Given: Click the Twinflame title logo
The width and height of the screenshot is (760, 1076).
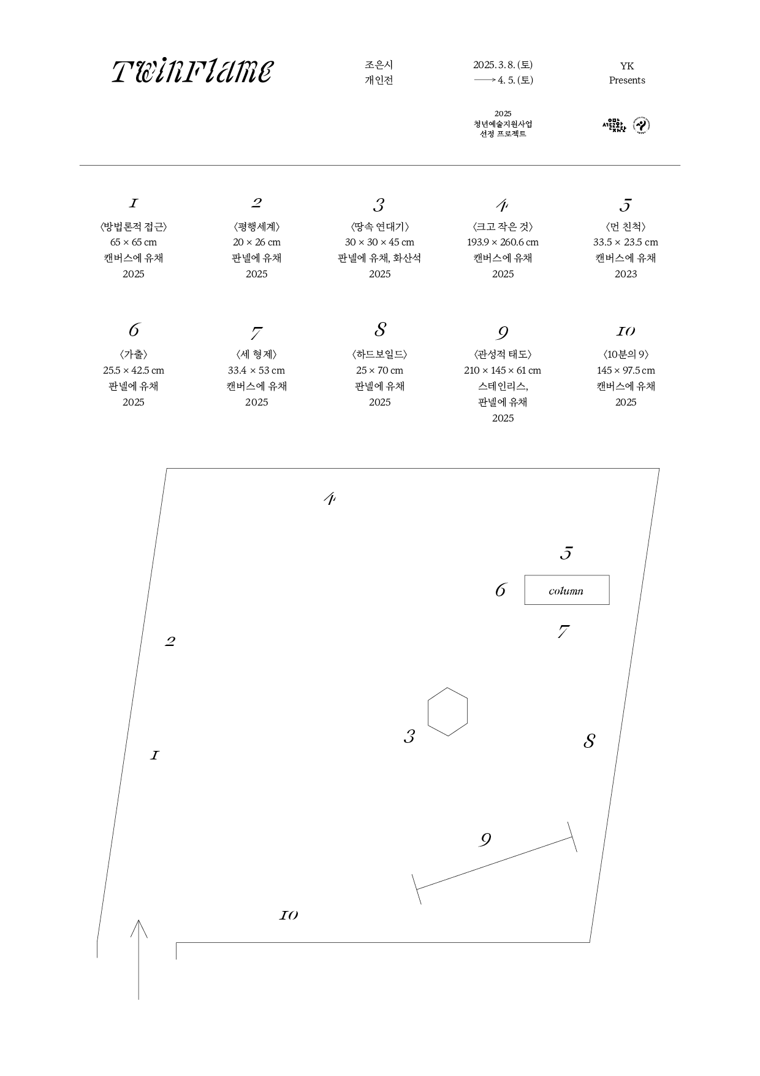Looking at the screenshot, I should [x=192, y=72].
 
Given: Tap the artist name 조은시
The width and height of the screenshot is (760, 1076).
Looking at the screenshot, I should [x=379, y=64].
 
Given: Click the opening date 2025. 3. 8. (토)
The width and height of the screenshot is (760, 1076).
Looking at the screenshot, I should [x=503, y=64].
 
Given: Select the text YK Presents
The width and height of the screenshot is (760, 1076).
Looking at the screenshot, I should [x=626, y=73].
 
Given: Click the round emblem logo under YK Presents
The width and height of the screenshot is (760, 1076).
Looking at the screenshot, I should [x=641, y=125].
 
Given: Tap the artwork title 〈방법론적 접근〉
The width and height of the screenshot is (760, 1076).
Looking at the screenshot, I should [x=134, y=227].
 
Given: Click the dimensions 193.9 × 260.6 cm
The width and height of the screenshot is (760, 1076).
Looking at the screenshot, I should [x=503, y=242].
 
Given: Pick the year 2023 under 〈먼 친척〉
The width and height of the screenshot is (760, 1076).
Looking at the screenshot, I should [x=626, y=274].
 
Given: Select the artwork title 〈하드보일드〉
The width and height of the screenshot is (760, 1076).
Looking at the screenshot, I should [x=380, y=355].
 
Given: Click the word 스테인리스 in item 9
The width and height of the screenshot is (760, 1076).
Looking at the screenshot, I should [x=502, y=386].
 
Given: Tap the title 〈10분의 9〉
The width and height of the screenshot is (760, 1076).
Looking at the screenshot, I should [x=626, y=355].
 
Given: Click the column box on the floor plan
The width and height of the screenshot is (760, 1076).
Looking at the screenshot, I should [x=566, y=590].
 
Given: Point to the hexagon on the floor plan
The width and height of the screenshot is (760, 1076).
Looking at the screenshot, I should [x=447, y=712].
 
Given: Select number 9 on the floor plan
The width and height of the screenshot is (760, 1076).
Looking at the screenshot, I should [x=485, y=840].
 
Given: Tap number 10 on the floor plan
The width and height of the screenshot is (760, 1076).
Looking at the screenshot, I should [x=289, y=915].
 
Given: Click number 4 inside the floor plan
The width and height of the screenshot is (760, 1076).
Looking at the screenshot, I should [x=330, y=499].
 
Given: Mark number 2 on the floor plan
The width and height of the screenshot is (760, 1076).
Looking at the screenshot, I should [x=170, y=642].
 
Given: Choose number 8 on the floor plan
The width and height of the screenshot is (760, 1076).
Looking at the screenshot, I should [x=589, y=741].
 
